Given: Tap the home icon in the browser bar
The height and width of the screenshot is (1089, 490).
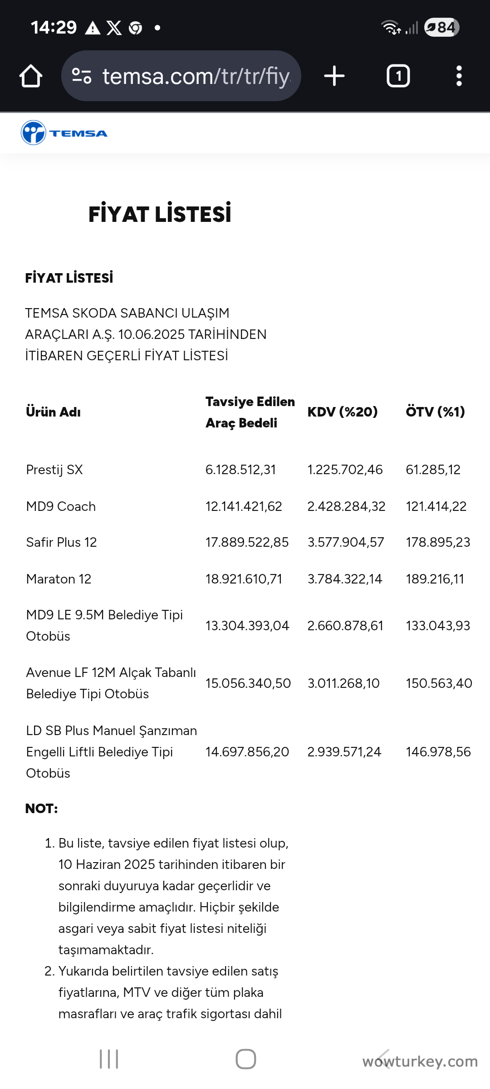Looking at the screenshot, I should point(31,76).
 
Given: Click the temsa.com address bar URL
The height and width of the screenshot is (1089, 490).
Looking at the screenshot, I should point(196,76).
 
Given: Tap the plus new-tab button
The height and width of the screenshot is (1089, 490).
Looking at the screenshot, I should point(334,76).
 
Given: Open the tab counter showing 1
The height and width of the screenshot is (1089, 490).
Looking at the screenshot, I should point(398,76).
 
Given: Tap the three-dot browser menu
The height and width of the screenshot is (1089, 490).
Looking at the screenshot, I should point(459,76).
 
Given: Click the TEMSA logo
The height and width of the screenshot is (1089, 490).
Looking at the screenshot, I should point(64,133).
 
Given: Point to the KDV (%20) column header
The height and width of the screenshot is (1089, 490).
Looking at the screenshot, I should point(342,412).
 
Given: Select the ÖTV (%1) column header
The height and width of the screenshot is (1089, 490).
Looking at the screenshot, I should point(435,412).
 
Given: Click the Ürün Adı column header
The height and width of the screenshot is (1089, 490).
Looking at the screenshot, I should point(54,412).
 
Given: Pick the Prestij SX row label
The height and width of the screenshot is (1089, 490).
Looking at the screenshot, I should point(54,470).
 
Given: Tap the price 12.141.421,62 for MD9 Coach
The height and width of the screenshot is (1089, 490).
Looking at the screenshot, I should point(244,506).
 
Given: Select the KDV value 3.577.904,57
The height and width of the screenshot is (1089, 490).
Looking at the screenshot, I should point(346,542).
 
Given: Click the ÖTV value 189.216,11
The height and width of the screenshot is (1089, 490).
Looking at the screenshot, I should point(435,579).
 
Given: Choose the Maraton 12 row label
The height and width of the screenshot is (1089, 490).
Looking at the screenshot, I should point(59,579).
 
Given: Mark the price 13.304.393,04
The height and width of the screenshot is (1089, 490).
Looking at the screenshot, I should point(247,626).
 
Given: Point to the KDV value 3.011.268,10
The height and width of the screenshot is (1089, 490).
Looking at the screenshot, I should point(343,683).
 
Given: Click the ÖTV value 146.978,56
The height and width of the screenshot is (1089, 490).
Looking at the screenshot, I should point(438,752).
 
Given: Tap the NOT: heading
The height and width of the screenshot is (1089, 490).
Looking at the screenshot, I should point(42,809).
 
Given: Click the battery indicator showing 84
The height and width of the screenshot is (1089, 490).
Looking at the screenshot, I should point(441,28).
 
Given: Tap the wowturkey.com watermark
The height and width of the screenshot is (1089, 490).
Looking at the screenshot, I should point(420,1061).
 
